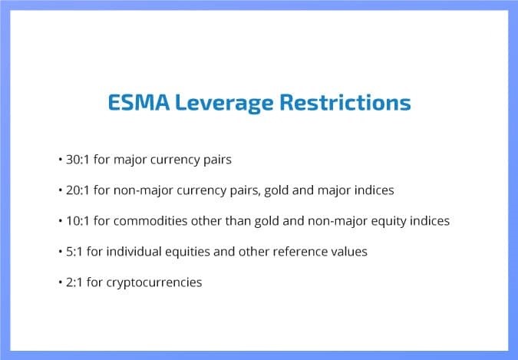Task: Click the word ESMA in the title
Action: click(x=139, y=102)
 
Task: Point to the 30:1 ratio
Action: click(x=78, y=160)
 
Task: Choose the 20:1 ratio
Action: click(x=78, y=190)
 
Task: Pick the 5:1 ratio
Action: click(x=74, y=252)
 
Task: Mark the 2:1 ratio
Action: click(x=74, y=282)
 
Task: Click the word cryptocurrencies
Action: click(x=154, y=283)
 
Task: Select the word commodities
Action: click(x=150, y=221)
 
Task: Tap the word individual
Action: click(x=134, y=252)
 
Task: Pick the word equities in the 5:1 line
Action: click(x=188, y=253)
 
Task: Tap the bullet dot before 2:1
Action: click(x=61, y=282)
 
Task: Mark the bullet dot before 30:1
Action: click(x=61, y=160)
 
